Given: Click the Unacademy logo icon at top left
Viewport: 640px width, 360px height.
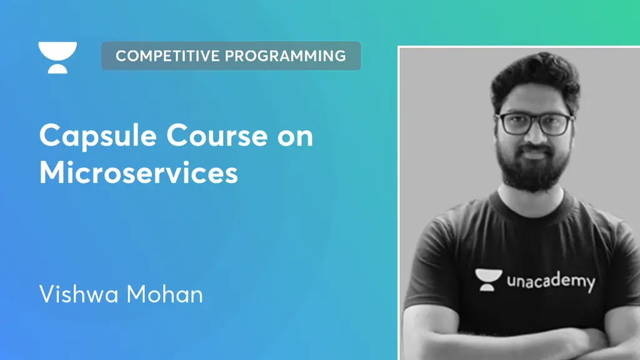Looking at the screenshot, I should (57, 57).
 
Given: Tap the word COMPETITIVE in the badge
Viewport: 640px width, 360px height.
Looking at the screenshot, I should (168, 56).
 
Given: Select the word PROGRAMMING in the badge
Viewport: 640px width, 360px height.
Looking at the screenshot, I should (286, 56).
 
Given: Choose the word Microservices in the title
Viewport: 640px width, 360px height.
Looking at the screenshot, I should (139, 172).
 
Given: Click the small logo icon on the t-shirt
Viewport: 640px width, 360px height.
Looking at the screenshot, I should (486, 279).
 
